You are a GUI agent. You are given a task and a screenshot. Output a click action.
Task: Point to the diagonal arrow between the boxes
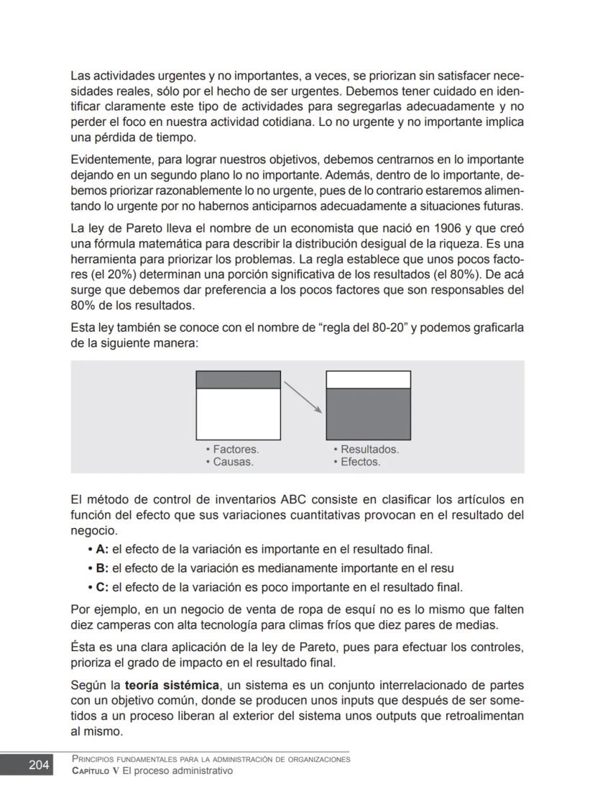(x=302, y=396)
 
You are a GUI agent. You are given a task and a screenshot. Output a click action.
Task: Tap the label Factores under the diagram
(x=236, y=450)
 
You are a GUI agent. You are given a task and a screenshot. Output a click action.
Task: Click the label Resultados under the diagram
(x=369, y=450)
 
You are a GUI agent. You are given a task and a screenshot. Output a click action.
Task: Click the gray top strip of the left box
(x=238, y=380)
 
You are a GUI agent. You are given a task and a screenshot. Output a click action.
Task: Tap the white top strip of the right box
(x=368, y=380)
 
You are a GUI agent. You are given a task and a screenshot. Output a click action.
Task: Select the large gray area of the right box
(x=368, y=414)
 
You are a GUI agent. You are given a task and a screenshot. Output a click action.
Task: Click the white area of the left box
(x=238, y=414)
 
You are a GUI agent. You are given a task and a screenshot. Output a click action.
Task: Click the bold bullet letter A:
(x=101, y=550)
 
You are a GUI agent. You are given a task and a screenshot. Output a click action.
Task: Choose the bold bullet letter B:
(x=101, y=568)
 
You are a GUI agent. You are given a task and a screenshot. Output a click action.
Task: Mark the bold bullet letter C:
(x=101, y=586)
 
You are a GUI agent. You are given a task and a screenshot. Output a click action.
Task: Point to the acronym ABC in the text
(x=295, y=499)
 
